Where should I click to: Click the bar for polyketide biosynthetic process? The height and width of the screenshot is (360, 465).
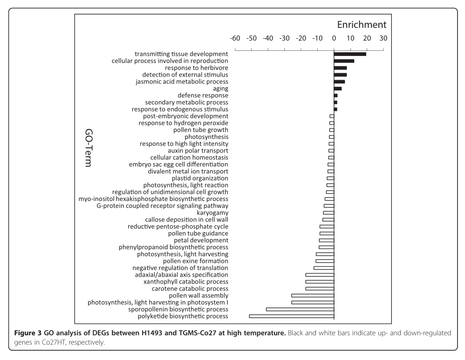[292, 316]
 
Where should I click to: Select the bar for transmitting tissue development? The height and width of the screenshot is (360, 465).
[350, 54]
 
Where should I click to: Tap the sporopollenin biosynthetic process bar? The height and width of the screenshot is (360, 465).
[300, 309]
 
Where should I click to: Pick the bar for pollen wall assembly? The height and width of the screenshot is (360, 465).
[313, 296]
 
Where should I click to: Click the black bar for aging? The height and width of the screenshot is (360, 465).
[338, 89]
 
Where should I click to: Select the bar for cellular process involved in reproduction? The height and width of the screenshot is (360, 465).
[344, 61]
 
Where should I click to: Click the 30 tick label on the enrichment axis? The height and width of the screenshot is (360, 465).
[383, 39]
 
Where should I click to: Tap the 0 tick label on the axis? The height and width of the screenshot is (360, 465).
[334, 39]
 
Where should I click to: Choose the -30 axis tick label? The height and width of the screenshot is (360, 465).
[284, 39]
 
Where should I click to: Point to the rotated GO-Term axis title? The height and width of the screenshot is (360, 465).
[85, 148]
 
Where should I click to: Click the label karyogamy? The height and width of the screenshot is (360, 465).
[213, 213]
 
